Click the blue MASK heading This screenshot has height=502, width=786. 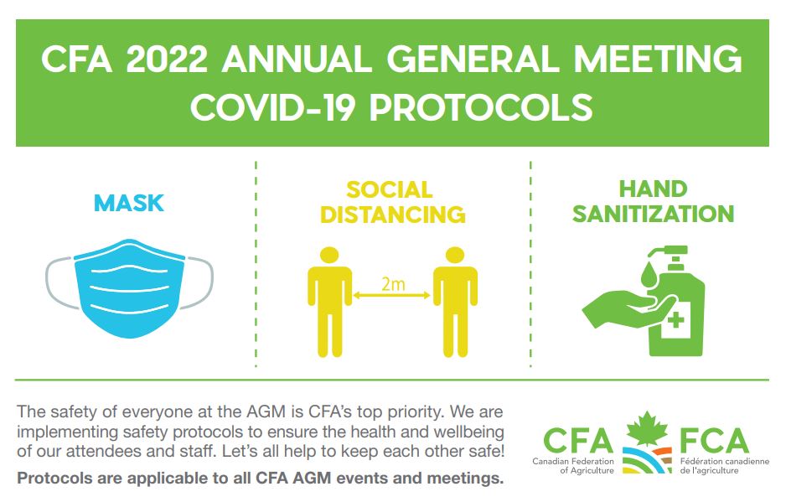[129, 203]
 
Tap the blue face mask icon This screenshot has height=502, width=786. [129, 288]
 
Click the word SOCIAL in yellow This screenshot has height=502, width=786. [389, 190]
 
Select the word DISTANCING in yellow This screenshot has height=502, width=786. [392, 215]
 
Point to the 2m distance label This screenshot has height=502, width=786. [392, 284]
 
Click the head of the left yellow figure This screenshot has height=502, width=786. [329, 256]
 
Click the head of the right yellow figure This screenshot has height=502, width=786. [455, 256]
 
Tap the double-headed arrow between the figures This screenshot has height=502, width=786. [391, 295]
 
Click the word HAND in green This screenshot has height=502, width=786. [653, 189]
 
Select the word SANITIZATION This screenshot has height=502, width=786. [653, 215]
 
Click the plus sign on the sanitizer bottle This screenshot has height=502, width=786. [676, 319]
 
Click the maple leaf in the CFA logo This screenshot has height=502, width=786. [647, 429]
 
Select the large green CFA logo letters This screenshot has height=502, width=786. [578, 441]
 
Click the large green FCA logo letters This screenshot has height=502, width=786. [714, 441]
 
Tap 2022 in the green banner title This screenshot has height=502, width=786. [167, 59]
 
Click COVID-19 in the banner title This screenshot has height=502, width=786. [273, 107]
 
